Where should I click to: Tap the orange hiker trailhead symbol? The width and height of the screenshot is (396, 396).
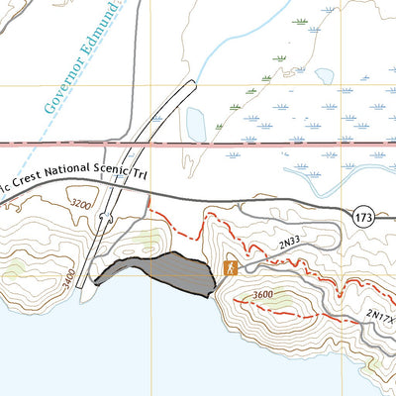(x=230, y=267)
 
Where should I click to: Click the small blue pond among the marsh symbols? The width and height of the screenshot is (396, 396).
(x=324, y=75)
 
